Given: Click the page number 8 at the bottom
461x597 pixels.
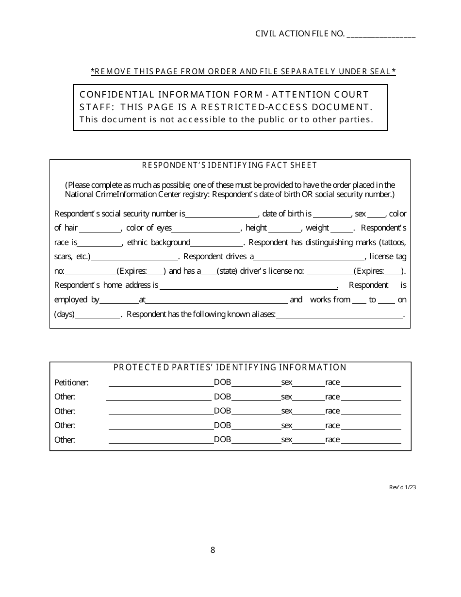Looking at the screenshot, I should click(213, 550).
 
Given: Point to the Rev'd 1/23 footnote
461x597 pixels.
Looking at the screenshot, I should click(402, 487).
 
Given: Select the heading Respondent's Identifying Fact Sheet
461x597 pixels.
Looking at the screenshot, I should click(229, 165).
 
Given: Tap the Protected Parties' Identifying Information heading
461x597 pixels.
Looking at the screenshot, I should click(230, 367).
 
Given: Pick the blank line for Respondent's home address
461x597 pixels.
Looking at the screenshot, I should click(248, 286).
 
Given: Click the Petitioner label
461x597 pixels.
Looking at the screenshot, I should click(71, 382).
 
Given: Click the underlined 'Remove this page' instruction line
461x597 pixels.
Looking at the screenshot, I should click(243, 72).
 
